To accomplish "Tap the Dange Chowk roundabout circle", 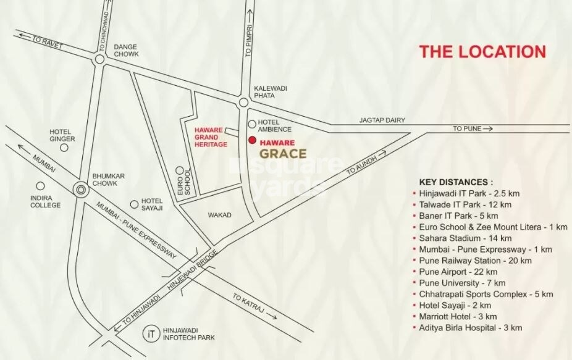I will point(99,59).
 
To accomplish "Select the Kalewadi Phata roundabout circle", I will point(243,103).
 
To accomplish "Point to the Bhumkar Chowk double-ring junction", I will point(80,190).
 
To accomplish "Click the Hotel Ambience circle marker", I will point(252,124).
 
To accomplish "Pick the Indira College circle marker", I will point(40,185).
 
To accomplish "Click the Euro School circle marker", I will point(179,170).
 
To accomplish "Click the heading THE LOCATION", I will point(482,51).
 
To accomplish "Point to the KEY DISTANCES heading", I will point(456,182).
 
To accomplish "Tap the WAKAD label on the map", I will point(219,215).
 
